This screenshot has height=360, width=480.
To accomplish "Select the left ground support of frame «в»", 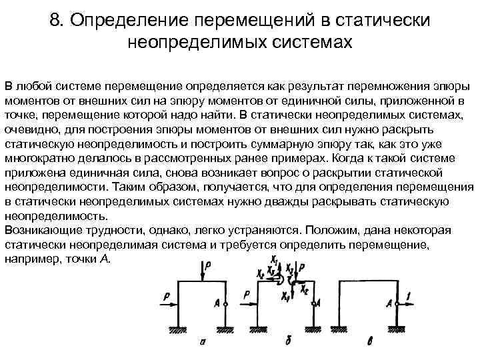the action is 341,327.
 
